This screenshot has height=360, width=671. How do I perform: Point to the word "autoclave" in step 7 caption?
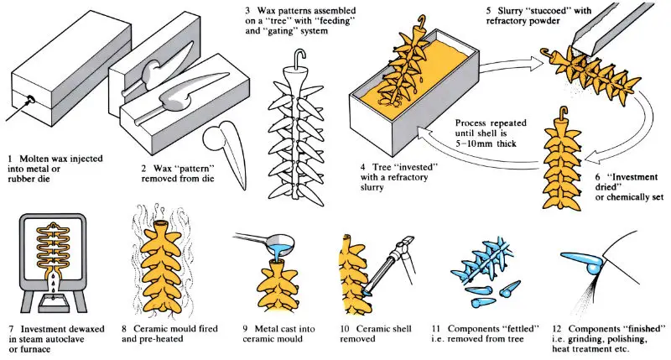(x=75, y=340)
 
